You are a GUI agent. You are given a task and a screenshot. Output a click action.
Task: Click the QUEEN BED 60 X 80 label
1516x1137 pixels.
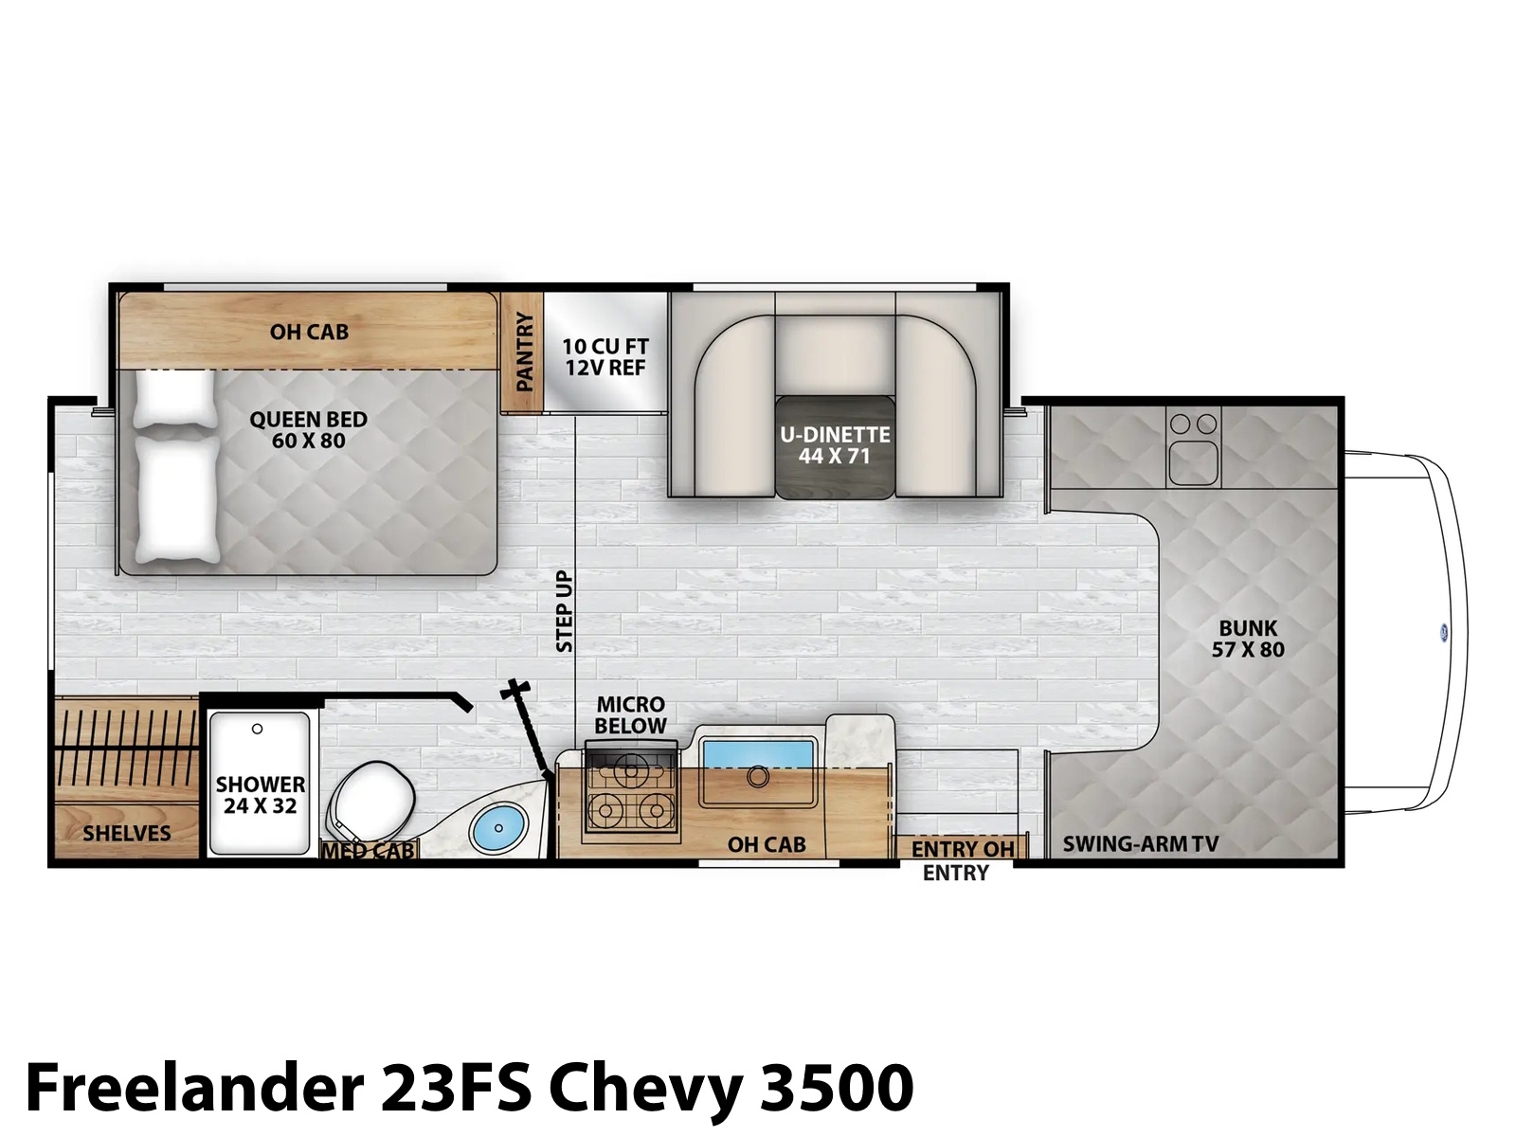click(308, 429)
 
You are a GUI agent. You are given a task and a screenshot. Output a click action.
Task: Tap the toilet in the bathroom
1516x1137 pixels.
click(372, 801)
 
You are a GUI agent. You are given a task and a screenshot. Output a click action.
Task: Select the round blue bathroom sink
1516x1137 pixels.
click(497, 828)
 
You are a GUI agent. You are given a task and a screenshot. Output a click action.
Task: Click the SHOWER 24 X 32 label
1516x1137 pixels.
click(261, 795)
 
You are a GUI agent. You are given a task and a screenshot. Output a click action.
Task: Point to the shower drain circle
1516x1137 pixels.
click(257, 729)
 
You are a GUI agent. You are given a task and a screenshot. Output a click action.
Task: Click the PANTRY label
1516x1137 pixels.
click(525, 352)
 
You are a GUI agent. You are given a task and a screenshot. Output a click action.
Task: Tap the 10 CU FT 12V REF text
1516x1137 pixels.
click(605, 356)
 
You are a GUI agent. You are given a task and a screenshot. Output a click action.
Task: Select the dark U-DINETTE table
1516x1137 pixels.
click(835, 446)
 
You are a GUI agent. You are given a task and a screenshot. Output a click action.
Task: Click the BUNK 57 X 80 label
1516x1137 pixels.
click(1248, 639)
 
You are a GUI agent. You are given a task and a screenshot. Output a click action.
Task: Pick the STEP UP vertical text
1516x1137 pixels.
click(565, 611)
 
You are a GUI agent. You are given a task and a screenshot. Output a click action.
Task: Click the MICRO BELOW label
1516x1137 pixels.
click(631, 715)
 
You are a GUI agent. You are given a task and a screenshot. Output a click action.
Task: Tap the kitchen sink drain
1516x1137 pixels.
click(758, 777)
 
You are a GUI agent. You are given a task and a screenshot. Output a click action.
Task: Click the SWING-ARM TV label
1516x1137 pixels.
click(1140, 843)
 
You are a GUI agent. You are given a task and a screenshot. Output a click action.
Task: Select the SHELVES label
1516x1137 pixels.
click(127, 833)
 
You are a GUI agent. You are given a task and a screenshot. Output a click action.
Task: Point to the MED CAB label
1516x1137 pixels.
click(369, 851)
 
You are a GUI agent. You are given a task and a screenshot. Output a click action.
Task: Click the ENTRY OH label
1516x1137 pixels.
click(963, 849)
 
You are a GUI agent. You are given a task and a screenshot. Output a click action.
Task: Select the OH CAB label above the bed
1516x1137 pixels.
click(309, 332)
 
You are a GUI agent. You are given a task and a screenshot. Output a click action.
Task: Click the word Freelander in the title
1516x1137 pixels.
click(195, 1088)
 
